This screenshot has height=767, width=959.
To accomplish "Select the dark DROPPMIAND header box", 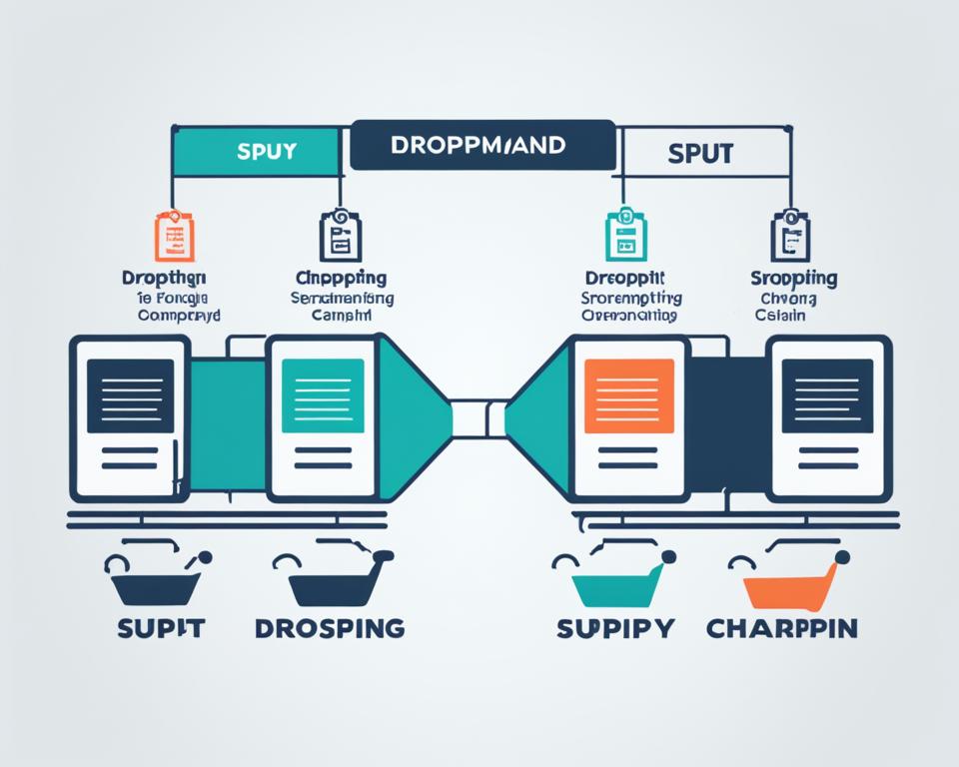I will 482,146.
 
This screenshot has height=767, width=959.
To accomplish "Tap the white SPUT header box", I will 700,153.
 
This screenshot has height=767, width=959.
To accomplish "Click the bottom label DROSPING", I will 330,628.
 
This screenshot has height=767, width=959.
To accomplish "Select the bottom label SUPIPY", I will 616,628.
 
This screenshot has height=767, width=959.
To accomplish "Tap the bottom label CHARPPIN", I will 782,628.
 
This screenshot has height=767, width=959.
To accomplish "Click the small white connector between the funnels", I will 479,417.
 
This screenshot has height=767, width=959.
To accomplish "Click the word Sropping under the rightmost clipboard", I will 794,279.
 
